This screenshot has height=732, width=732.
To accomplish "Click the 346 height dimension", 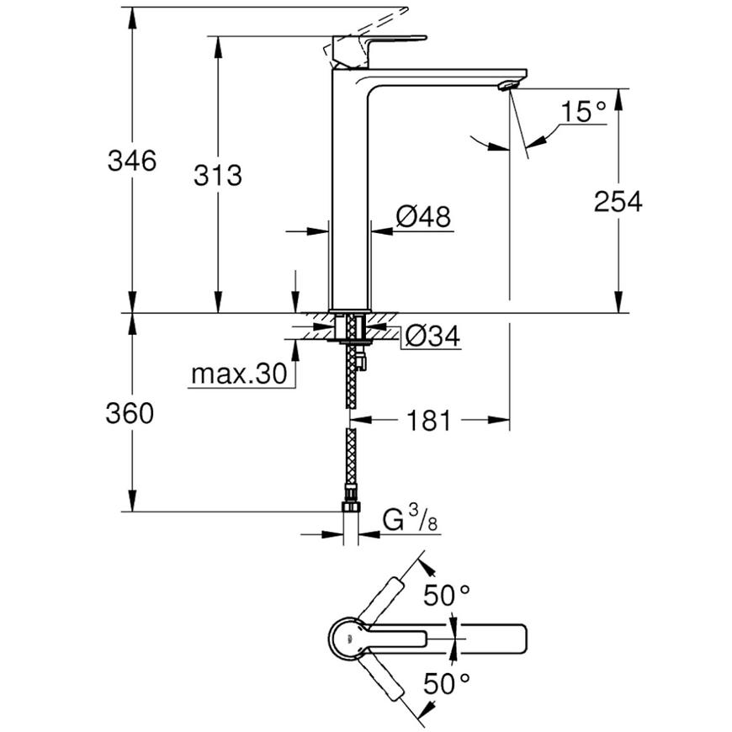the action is (x=132, y=161).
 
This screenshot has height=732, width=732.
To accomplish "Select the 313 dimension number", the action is (x=218, y=176).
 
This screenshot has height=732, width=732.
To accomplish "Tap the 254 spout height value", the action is (x=618, y=202).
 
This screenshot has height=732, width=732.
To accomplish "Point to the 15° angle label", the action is (x=582, y=112).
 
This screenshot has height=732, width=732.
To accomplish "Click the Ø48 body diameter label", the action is (x=423, y=217).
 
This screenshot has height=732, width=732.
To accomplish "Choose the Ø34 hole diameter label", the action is (x=432, y=336).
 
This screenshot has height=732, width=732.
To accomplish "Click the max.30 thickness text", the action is (x=239, y=374).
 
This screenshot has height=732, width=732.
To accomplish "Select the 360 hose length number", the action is (x=130, y=414).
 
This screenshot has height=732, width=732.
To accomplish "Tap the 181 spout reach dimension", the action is (x=429, y=421).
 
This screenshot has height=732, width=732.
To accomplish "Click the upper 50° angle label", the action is (x=446, y=595).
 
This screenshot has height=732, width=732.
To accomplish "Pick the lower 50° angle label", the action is (x=446, y=683).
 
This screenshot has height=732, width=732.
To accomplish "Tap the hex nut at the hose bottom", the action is (x=351, y=507).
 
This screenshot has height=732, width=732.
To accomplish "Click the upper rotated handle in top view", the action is (x=380, y=601).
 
